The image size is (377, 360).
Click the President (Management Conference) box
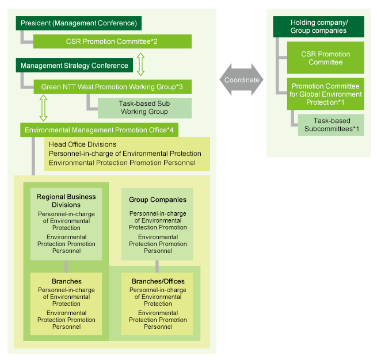pos(78,24)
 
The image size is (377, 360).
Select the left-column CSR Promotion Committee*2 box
pos(112,41)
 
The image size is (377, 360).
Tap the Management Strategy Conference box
pos(74,66)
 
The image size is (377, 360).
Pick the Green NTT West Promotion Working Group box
pos(112,87)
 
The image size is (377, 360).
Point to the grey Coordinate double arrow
pos(242,80)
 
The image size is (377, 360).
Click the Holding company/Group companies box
pos(318,26)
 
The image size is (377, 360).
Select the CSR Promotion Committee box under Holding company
pos(325,58)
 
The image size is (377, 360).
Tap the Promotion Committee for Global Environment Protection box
pos(325,94)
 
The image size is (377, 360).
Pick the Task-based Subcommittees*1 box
pos(330,125)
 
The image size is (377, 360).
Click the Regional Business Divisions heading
pos(66,201)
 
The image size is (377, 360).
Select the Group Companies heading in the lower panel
pos(158,200)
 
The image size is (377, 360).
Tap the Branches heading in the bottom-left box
pos(66,281)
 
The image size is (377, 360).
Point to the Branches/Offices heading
pos(158,281)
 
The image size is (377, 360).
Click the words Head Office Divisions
pos(82,144)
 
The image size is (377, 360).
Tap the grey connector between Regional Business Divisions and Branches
pos(66,266)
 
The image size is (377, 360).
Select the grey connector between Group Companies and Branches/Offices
pos(157,266)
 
